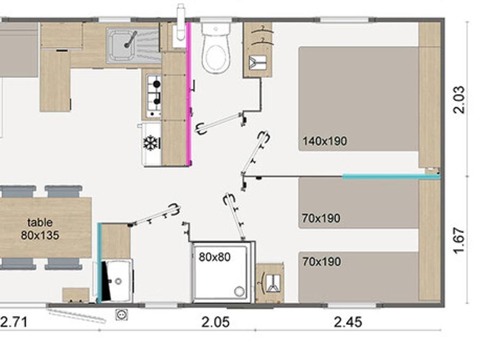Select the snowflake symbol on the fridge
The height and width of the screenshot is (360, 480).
(151, 143)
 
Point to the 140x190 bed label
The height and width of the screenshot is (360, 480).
(324, 141)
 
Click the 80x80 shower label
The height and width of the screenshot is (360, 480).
(214, 257)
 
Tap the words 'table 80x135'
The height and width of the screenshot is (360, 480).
(40, 229)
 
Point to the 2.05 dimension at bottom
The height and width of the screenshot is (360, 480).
(215, 322)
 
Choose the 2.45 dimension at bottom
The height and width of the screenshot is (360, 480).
(348, 322)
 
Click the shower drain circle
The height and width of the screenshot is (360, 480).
(239, 291)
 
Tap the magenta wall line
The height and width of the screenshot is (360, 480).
(189, 94)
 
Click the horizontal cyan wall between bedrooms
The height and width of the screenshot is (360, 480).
(391, 177)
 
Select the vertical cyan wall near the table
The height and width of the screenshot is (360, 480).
(99, 262)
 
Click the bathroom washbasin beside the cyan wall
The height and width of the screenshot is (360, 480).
(117, 281)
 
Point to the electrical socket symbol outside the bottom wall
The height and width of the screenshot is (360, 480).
(122, 314)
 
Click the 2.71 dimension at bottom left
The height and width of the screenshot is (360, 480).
(14, 322)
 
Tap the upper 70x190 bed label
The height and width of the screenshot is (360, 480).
(321, 218)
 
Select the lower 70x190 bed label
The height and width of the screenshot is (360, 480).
(322, 262)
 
